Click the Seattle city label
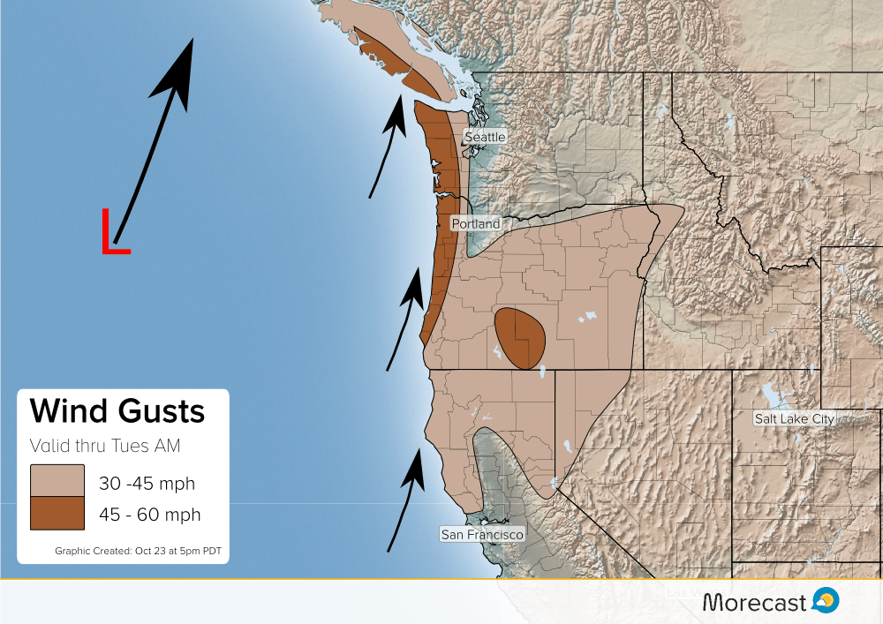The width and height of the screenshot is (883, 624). tap(485, 137)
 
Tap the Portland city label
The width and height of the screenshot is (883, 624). tap(476, 224)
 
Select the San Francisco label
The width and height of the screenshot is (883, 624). tap(482, 534)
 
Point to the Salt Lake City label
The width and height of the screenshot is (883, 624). tap(794, 418)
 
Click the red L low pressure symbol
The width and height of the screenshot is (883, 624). tap(114, 232)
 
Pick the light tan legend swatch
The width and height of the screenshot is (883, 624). tap(57, 481)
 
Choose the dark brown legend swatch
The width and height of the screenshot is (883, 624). tap(57, 514)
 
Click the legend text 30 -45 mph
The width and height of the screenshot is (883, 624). tap(147, 483)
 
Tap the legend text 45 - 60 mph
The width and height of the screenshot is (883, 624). tap(149, 515)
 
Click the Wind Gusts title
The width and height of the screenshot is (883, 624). tap(117, 411)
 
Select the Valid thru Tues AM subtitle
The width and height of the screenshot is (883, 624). tap(105, 446)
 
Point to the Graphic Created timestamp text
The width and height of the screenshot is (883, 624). tap(138, 552)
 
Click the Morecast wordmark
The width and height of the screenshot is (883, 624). tap(755, 602)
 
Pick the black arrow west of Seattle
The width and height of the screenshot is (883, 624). tap(387, 147)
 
